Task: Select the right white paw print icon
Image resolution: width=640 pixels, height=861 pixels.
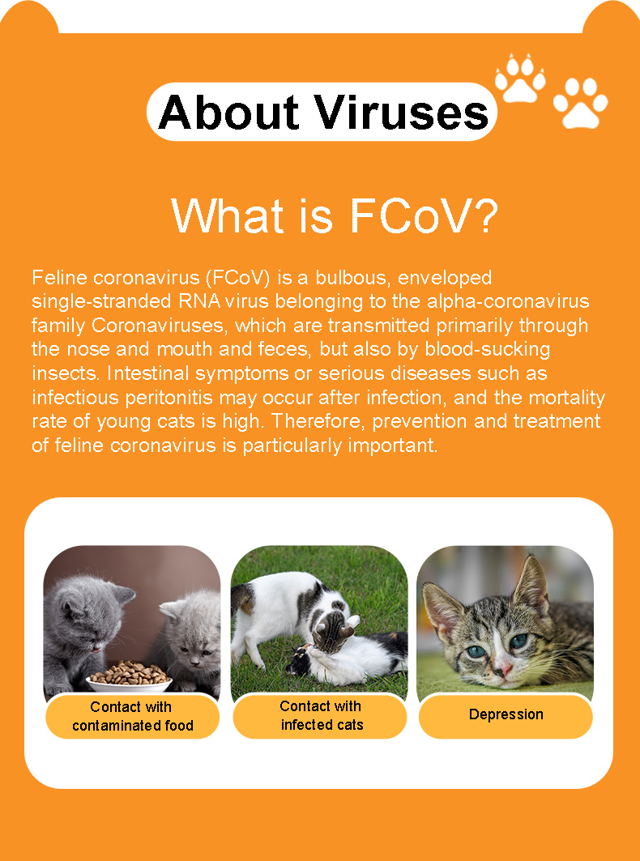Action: click(x=580, y=103)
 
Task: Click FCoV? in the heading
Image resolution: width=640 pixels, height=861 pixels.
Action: click(x=424, y=215)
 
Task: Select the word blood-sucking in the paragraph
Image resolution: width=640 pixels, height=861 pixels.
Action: click(x=488, y=350)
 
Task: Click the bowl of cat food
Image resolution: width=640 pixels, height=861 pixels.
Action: click(x=129, y=676)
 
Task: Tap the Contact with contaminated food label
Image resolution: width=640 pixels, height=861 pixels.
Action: click(x=132, y=716)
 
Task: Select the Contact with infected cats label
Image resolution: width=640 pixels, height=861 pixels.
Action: click(x=320, y=715)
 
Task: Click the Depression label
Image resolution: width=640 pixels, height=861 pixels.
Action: click(x=506, y=714)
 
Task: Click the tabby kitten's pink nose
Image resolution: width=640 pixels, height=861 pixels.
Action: click(x=506, y=669)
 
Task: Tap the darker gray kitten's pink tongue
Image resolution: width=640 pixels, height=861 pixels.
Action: click(x=96, y=649)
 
